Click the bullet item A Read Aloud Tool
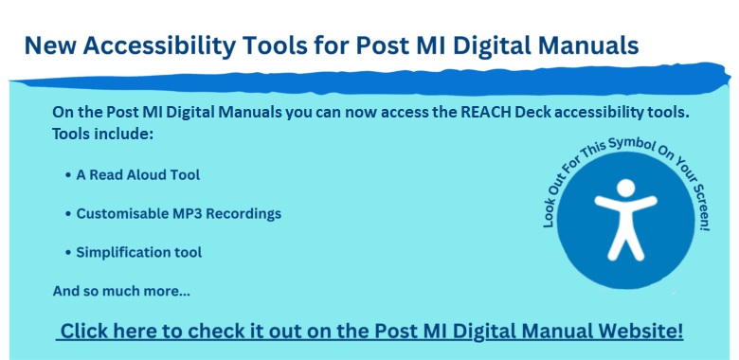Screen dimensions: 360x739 [132, 175]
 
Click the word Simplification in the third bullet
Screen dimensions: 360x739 [120, 253]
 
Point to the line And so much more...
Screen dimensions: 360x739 [121, 291]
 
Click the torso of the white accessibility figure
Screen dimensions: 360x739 [623, 216]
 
